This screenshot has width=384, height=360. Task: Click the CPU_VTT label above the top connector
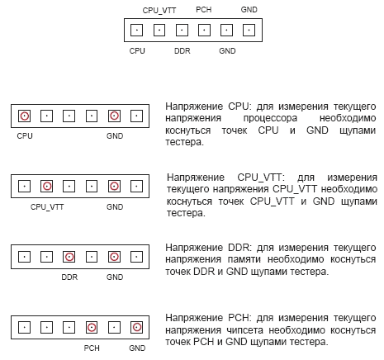[x=159, y=11]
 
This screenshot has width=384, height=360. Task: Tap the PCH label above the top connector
[x=204, y=10]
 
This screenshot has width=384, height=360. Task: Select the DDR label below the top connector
[x=183, y=51]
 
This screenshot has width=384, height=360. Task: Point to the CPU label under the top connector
[x=137, y=51]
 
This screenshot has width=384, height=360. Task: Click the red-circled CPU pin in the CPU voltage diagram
[x=24, y=116]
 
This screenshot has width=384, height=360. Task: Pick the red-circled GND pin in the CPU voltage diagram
[x=114, y=116]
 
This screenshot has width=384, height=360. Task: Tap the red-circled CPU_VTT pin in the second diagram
[x=47, y=186]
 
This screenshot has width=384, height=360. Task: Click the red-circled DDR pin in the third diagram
[x=69, y=257]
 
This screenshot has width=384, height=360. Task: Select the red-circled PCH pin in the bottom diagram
[x=92, y=327]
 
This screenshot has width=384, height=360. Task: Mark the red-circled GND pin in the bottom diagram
[x=136, y=327]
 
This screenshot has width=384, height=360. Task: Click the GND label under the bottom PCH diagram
[x=137, y=348]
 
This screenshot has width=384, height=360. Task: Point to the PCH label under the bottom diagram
[x=92, y=348]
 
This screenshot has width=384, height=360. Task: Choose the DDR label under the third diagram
[x=69, y=277]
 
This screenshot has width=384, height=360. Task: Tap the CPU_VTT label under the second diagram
[x=47, y=207]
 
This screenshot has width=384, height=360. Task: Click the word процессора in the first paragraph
[x=270, y=118]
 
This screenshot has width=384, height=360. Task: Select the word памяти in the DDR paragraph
[x=244, y=259]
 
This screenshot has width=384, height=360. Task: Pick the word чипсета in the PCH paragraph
[x=245, y=330]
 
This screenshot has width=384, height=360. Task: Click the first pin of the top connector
[x=136, y=30]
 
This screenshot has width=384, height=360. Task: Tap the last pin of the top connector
[x=249, y=30]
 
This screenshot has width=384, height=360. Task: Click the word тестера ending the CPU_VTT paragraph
[x=186, y=213]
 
